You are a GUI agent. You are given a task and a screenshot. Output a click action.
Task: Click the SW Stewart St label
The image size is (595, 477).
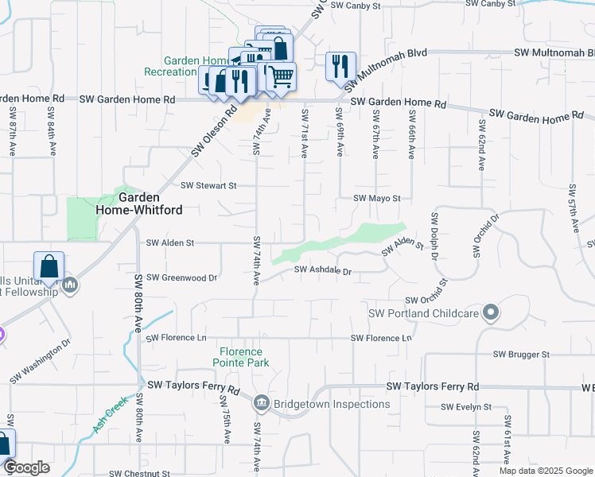coord(209,186)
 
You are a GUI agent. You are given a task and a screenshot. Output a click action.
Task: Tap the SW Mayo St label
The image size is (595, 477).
coord(376,198)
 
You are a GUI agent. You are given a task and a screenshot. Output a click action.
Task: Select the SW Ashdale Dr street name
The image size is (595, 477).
coord(322,271)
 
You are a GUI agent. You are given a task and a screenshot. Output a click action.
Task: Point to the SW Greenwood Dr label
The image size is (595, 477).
coord(181,278)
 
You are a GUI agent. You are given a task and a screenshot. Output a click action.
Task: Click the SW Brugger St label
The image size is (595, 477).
coord(521,354)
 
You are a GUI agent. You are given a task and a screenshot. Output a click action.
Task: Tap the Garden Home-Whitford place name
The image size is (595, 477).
coord(150,204)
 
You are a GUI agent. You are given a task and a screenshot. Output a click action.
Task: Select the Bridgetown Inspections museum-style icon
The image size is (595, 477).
coord(262,403)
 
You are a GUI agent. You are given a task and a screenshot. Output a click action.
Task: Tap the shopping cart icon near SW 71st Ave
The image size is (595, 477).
coord(279,76)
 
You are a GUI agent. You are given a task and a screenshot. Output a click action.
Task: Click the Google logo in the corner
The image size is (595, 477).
coord(26,467)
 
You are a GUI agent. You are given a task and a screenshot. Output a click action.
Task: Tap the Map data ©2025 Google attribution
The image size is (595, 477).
coord(545,471)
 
